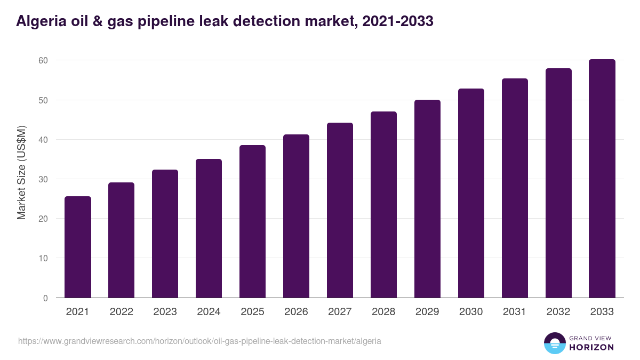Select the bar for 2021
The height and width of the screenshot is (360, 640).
coord(78,247)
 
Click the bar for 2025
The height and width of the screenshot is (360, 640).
coord(252,221)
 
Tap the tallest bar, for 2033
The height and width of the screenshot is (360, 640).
coord(602,179)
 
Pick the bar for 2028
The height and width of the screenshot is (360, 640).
coord(383,205)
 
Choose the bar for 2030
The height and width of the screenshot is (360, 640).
coord(471,193)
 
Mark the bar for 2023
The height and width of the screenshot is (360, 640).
coord(165,234)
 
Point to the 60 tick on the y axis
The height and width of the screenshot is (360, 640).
coord(43,61)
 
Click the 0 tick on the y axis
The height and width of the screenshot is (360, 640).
coord(45,298)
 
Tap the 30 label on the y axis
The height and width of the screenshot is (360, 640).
coord(43,179)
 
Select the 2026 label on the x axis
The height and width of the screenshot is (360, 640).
coord(296,312)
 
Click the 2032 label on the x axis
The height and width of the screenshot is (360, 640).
coord(558,312)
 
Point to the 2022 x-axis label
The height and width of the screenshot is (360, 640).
coord(121,312)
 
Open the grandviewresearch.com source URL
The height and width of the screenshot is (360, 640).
coord(199,341)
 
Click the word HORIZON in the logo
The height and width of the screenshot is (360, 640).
coord(591,347)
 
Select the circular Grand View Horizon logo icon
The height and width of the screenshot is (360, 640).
coord(555,343)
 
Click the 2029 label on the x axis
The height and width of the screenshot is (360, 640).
coord(427,312)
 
